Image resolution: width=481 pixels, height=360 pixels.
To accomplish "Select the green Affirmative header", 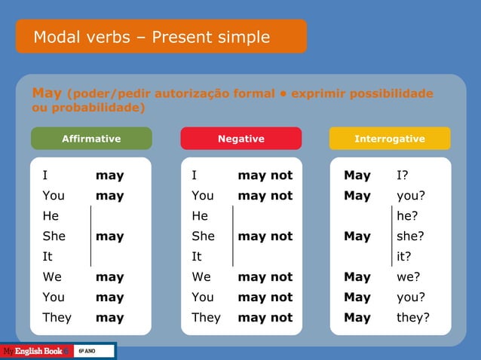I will point(91,139).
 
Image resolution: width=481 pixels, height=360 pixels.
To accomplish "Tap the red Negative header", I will point(241,139).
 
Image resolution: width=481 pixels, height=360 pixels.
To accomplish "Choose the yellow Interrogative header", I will point(390,139).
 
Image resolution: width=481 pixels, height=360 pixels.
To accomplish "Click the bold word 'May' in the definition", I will point(47,93).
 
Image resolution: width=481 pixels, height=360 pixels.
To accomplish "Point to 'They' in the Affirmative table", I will point(57,317).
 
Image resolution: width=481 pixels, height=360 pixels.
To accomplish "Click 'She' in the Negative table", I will point(203,236).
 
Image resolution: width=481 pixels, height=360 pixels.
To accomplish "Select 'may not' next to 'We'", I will point(265,276).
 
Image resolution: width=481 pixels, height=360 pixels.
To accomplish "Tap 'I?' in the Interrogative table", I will point(403,175).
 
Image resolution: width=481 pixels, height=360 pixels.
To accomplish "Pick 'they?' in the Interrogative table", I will point(413,317).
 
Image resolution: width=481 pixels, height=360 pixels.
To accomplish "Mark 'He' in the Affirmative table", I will point(51,216).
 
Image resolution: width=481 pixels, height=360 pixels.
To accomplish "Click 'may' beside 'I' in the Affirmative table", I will point(109,175).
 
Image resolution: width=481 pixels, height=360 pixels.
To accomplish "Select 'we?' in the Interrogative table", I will point(409,276).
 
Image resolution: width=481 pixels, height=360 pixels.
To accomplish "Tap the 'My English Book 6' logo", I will point(35,352).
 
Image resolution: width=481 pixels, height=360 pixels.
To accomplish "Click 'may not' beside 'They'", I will point(265,317).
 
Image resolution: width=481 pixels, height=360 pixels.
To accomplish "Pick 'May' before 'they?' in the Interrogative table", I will point(357,317).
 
